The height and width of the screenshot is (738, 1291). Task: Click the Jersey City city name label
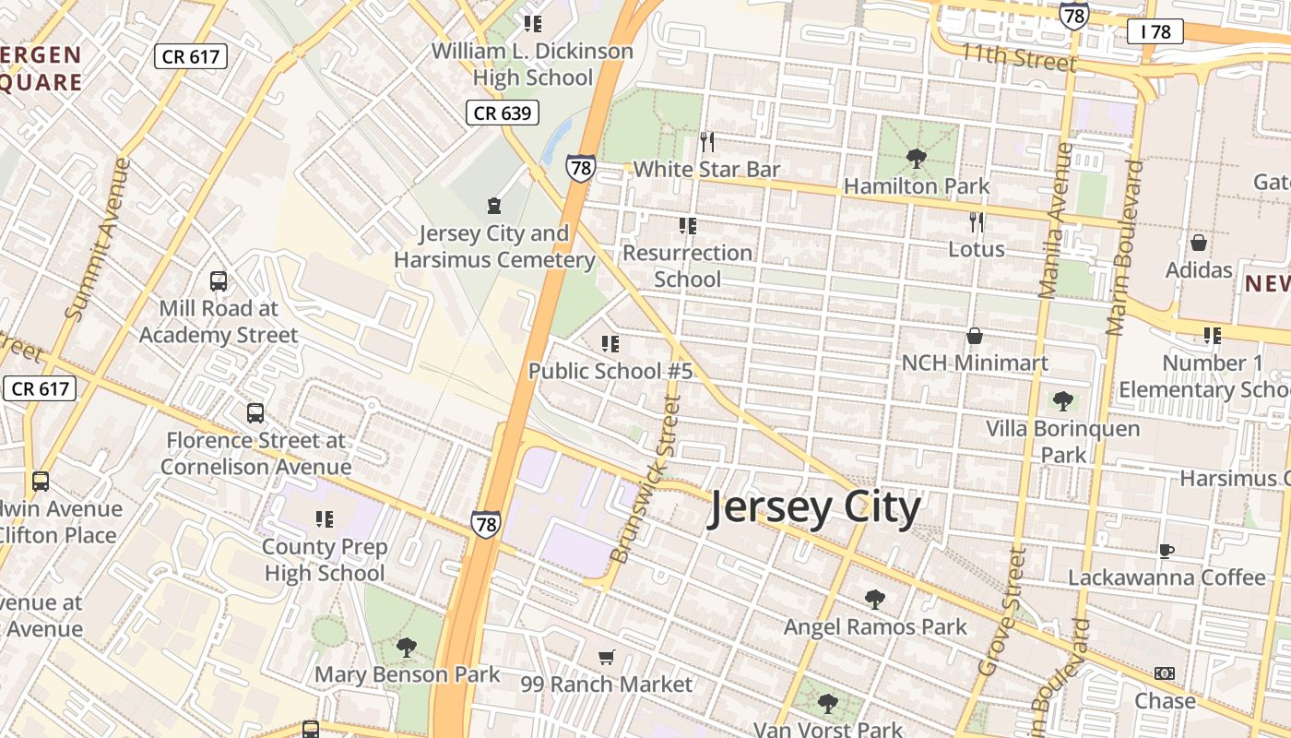(814, 508)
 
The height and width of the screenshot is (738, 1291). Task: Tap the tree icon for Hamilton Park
(916, 159)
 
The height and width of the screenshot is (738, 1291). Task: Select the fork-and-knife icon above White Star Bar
(707, 142)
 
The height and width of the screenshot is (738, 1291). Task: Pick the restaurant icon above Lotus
(977, 222)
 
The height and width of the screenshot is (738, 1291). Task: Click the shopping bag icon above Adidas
(1198, 243)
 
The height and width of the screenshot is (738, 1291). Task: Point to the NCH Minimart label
(975, 363)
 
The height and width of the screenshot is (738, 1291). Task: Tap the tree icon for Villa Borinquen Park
(1062, 401)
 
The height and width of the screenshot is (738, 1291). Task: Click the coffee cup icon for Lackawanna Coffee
(1166, 551)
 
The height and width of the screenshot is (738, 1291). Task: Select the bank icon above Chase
(1165, 673)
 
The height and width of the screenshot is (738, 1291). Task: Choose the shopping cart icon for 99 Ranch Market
(606, 658)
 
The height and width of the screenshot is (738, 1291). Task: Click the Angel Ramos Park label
(875, 627)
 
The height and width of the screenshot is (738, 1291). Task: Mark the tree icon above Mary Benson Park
(406, 648)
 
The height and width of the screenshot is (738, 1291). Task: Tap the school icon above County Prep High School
(324, 519)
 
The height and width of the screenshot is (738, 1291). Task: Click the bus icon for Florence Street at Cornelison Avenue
(255, 413)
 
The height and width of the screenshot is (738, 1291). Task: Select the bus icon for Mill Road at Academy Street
(219, 281)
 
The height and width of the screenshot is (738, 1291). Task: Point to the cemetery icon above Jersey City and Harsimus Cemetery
(494, 205)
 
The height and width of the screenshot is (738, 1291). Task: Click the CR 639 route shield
(502, 113)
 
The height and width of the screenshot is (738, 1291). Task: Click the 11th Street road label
(1018, 57)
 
